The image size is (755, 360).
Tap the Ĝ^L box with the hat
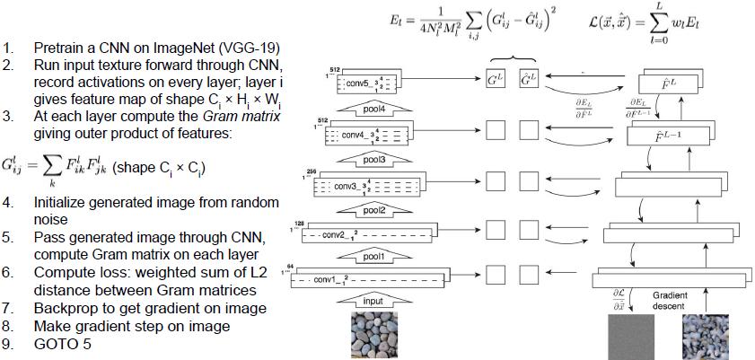click(x=528, y=82)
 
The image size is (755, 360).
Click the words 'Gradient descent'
click(x=669, y=302)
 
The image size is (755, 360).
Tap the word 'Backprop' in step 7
click(x=63, y=308)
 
